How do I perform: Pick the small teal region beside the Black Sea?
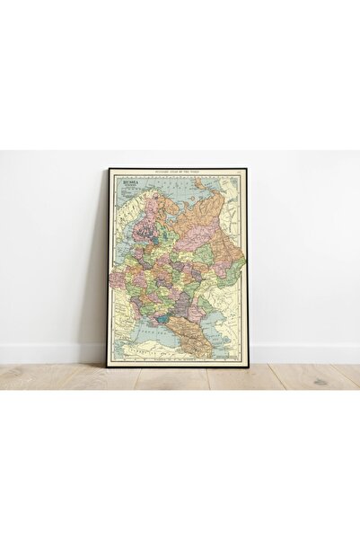(x=162, y=317)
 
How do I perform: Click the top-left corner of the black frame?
(x=109, y=168)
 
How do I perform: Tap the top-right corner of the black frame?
(x=249, y=168)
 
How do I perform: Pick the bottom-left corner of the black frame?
(x=109, y=365)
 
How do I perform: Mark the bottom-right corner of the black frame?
(x=249, y=365)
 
